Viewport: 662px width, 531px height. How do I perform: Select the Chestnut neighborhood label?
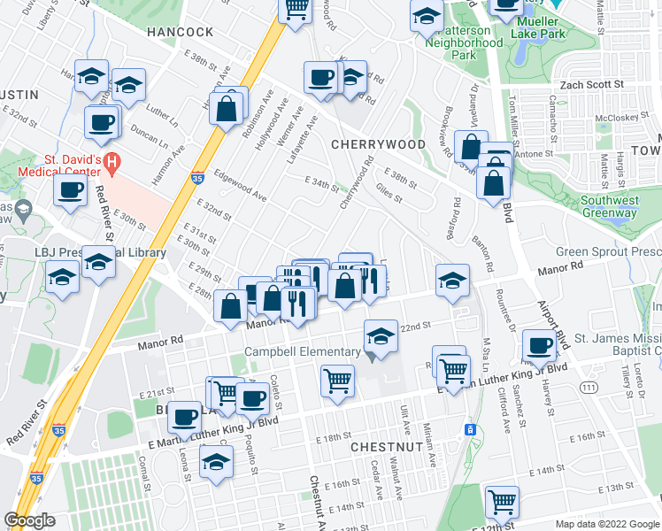(x=385, y=448)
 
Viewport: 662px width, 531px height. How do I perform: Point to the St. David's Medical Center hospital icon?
(x=112, y=162)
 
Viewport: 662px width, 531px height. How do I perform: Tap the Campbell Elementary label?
(x=301, y=352)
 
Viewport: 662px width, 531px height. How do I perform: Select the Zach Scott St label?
(x=587, y=85)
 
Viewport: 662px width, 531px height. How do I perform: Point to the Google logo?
(x=29, y=520)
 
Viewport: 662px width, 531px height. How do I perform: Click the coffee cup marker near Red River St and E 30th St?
(x=69, y=188)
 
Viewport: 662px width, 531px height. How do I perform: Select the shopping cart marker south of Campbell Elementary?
(x=338, y=381)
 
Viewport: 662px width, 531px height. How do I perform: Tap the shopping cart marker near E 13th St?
(x=502, y=501)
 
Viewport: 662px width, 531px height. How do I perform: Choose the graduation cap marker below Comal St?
(x=217, y=461)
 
